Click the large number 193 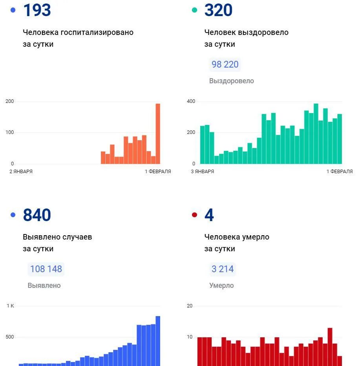coord(37,10)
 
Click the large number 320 coord(218,10)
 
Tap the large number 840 coord(37,215)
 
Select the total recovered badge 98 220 coord(225,64)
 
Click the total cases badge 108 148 coord(46,269)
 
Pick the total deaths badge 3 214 coord(223,269)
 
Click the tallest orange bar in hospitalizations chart coord(158,134)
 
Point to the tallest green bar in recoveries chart coord(316,134)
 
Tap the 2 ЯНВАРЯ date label coord(21,172)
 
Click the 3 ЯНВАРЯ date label coord(202,172)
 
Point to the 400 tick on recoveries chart coord(191,102)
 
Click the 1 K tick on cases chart coord(10,306)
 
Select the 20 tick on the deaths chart coord(190,306)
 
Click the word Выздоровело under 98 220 coord(232,81)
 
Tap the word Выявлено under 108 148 coord(44,285)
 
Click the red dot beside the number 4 coord(194,215)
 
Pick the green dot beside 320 coord(194,10)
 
